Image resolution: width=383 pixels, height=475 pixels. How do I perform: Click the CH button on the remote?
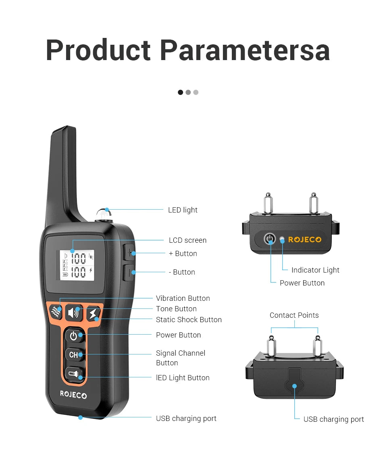pyautogui.click(x=74, y=355)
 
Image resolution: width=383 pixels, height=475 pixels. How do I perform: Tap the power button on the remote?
pyautogui.click(x=74, y=335)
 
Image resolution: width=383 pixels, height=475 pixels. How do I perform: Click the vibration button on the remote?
pyautogui.click(x=56, y=312)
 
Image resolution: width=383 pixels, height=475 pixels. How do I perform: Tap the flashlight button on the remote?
pyautogui.click(x=74, y=374)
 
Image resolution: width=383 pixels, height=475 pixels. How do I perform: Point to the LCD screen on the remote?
pyautogui.click(x=77, y=265)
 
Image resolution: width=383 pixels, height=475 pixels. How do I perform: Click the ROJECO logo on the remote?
pyautogui.click(x=73, y=395)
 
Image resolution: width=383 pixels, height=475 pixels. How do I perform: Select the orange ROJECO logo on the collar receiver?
pyautogui.click(x=304, y=240)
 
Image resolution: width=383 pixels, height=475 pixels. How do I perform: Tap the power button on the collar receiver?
pyautogui.click(x=270, y=239)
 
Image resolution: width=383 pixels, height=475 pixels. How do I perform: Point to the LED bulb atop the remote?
pyautogui.click(x=104, y=214)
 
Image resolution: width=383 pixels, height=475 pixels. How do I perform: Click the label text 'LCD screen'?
pyautogui.click(x=187, y=240)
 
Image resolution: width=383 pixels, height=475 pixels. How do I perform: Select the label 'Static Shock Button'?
pyautogui.click(x=189, y=320)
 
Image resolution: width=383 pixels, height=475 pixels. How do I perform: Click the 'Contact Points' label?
pyautogui.click(x=294, y=315)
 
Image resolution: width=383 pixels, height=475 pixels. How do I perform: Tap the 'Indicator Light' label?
pyautogui.click(x=315, y=270)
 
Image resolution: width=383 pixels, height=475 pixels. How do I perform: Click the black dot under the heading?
pyautogui.click(x=180, y=92)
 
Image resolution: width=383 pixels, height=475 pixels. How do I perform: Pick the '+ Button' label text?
pyautogui.click(x=183, y=254)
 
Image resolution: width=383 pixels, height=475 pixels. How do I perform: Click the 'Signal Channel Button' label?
pyautogui.click(x=180, y=358)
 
